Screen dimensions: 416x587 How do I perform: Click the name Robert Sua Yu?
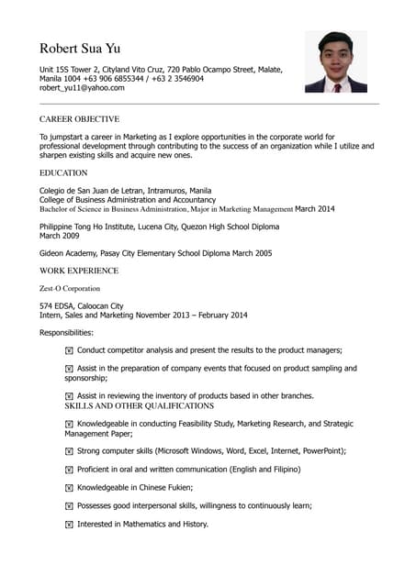[x=80, y=48]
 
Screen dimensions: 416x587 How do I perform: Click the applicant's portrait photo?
[x=335, y=62]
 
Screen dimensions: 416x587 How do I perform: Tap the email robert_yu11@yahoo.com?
[x=81, y=88]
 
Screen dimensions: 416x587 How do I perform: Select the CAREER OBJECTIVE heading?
[x=79, y=119]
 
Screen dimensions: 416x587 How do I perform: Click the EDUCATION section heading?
[x=63, y=172]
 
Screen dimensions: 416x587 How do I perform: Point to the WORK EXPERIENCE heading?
[x=79, y=271]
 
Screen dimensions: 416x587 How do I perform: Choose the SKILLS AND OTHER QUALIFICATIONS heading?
[x=139, y=405]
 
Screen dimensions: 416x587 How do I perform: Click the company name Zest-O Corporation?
[x=70, y=288]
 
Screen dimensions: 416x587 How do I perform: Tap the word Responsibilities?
[x=66, y=332]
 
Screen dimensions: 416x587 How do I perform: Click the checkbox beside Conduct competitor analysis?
[x=69, y=350]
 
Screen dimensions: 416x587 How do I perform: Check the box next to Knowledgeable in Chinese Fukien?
[x=69, y=488]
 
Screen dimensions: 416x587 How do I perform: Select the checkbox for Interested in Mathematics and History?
[x=69, y=525]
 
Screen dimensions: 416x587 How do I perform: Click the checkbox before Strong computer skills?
[x=69, y=451]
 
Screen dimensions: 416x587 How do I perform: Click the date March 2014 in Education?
[x=315, y=209]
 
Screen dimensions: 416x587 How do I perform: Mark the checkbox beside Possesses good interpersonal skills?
[x=69, y=506]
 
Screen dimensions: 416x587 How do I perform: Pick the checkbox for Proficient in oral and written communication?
[x=69, y=470]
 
